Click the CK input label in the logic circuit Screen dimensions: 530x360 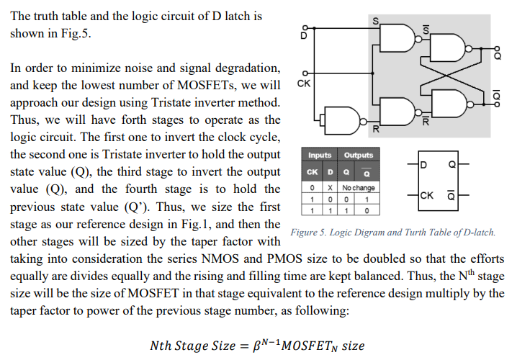point(305,85)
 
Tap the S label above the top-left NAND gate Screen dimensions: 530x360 point(375,22)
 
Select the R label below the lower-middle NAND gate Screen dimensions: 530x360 point(376,130)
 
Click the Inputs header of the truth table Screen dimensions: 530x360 point(319,155)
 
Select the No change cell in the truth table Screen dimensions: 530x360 point(358,188)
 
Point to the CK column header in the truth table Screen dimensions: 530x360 point(312,172)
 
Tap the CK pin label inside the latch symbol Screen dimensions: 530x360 point(427,195)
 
